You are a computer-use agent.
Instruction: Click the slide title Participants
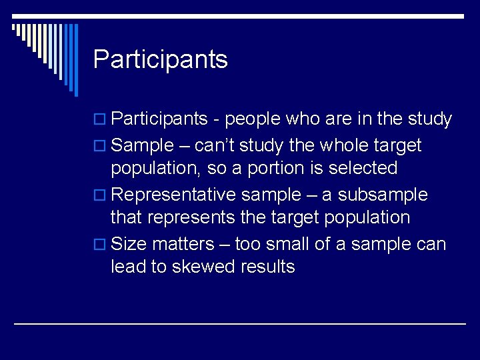(160, 59)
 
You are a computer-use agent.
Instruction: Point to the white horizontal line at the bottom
(240, 323)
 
